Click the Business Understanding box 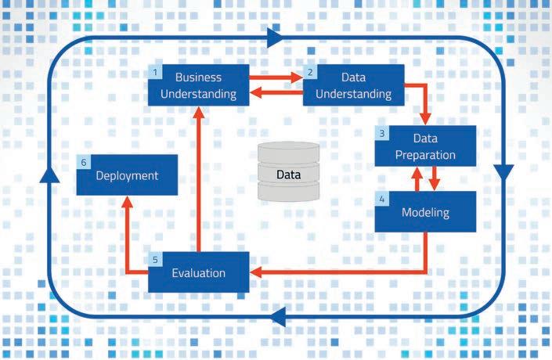pyautogui.click(x=198, y=86)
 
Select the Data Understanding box pyautogui.click(x=354, y=86)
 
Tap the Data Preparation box pyautogui.click(x=425, y=146)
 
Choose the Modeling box pyautogui.click(x=425, y=212)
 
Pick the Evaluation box pyautogui.click(x=199, y=272)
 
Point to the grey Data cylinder pyautogui.click(x=287, y=173)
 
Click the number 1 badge pyautogui.click(x=156, y=72)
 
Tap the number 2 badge pyautogui.click(x=311, y=72)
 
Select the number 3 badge pyautogui.click(x=381, y=133)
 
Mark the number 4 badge pyautogui.click(x=382, y=199)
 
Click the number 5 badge pyautogui.click(x=155, y=259)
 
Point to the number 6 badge pyautogui.click(x=84, y=162)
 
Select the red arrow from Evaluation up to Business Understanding pyautogui.click(x=199, y=180)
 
